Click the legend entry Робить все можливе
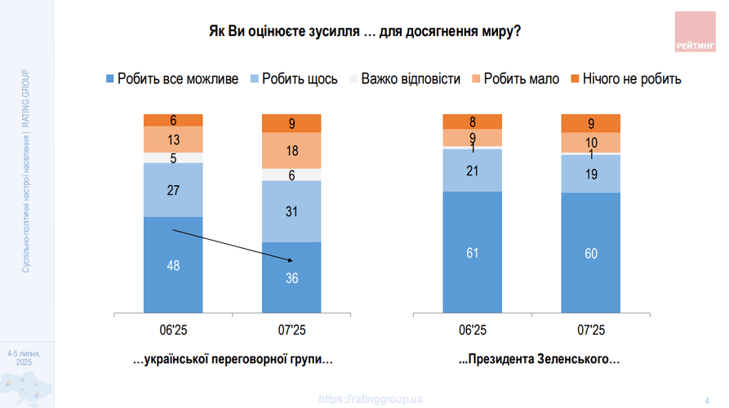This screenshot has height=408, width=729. pos(171,79)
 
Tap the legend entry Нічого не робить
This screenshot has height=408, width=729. pos(625,79)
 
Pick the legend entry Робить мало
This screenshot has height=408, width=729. pos(514,79)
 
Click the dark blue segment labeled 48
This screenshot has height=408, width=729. pos(173,264)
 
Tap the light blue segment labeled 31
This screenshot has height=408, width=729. pos(291,211)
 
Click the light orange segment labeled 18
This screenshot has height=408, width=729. pos(291,150)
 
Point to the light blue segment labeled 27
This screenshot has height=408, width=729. pos(173,189)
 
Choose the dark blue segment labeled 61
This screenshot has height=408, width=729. pos(473,252)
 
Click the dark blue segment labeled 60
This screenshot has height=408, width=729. pos(591,253)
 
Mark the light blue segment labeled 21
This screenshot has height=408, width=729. pos(473,170)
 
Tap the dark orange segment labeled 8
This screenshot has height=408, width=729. pos(473,122)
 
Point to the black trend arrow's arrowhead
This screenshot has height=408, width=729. pos(290,260)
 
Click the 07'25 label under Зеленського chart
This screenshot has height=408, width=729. pos(591,330)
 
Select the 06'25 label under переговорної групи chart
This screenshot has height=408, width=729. pos(173,330)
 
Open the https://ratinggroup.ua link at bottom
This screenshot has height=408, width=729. pos(371,399)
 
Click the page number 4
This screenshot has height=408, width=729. pos(706,399)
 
